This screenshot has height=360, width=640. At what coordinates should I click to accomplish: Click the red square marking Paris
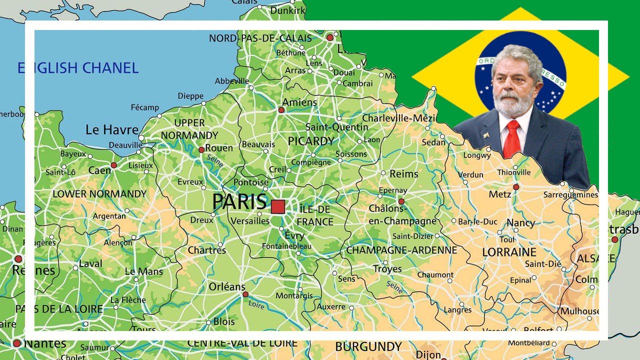pyautogui.click(x=278, y=207)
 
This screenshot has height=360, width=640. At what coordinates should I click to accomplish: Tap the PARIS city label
pyautogui.click(x=239, y=202)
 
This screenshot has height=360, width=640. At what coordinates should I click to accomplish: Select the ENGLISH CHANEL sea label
pyautogui.click(x=77, y=68)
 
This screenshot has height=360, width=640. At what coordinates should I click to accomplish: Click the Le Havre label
pyautogui.click(x=112, y=130)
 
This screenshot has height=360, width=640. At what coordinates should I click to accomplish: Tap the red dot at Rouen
pyautogui.click(x=201, y=149)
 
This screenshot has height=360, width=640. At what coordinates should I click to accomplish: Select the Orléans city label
pyautogui.click(x=227, y=287)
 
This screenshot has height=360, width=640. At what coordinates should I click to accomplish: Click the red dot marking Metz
pyautogui.click(x=516, y=187)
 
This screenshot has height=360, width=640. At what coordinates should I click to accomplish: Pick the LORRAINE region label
pyautogui.click(x=509, y=252)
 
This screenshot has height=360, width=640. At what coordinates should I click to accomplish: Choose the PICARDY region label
pyautogui.click(x=311, y=141)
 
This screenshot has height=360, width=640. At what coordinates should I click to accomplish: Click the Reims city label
pyautogui.click(x=403, y=174)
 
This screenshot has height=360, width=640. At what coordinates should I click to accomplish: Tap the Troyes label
pyautogui.click(x=387, y=269)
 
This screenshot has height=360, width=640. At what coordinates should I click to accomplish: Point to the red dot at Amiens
pyautogui.click(x=281, y=109)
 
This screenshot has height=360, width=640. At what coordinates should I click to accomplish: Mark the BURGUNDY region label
pyautogui.click(x=368, y=346)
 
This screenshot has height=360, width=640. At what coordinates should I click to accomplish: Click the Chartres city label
pyautogui.click(x=206, y=250)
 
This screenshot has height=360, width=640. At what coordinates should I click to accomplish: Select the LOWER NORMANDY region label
pyautogui.click(x=99, y=194)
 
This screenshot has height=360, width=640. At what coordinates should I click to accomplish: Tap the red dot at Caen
pyautogui.click(x=113, y=165)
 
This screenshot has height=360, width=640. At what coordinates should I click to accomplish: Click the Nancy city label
pyautogui.click(x=520, y=223)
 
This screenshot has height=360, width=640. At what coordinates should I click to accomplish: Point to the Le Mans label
pyautogui.click(x=144, y=271)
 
